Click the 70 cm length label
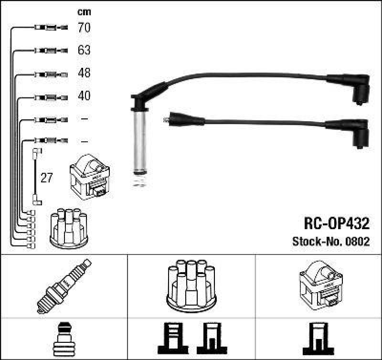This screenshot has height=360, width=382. pyautogui.click(x=84, y=28)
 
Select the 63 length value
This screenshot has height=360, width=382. pyautogui.click(x=84, y=50)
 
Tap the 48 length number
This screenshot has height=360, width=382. pyautogui.click(x=84, y=74)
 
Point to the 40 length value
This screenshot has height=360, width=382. pyautogui.click(x=84, y=96)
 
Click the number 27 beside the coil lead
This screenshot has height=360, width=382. pyautogui.click(x=46, y=178)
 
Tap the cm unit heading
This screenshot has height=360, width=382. pyautogui.click(x=84, y=12)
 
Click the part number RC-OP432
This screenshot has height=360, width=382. pyautogui.click(x=337, y=223)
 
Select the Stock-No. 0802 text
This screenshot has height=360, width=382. pyautogui.click(x=330, y=242)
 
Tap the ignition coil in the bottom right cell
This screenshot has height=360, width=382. pyautogui.click(x=319, y=285)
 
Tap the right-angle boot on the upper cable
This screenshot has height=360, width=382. pyautogui.click(x=360, y=89)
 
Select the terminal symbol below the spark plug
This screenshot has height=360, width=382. pyautogui.click(x=64, y=339)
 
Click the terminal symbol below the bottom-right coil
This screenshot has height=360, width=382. pyautogui.click(x=318, y=339)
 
